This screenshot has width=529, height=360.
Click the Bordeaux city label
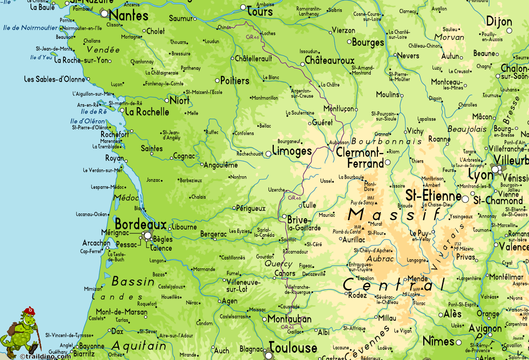pyautogui.click(x=141, y=224)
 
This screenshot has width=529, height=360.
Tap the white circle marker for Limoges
pyautogui.click(x=268, y=154)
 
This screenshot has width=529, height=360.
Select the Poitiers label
pyautogui.click(x=235, y=80)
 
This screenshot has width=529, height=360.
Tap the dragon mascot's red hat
pyautogui.click(x=30, y=310)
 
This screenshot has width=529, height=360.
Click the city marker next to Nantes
pyautogui.click(x=105, y=14)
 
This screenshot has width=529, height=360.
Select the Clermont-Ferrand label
pyautogui.click(x=360, y=158)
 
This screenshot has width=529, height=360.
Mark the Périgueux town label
pyautogui.click(x=251, y=208)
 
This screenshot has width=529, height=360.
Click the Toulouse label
pyautogui.click(x=293, y=348)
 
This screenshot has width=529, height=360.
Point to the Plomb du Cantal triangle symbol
pyautogui.click(x=363, y=229)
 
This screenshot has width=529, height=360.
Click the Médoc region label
pyautogui.click(x=126, y=198)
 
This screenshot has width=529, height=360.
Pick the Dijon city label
pyautogui.click(x=499, y=22)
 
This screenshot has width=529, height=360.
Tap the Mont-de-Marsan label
pyautogui.click(x=122, y=312)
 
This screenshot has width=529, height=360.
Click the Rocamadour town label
pyautogui.click(x=295, y=252)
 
